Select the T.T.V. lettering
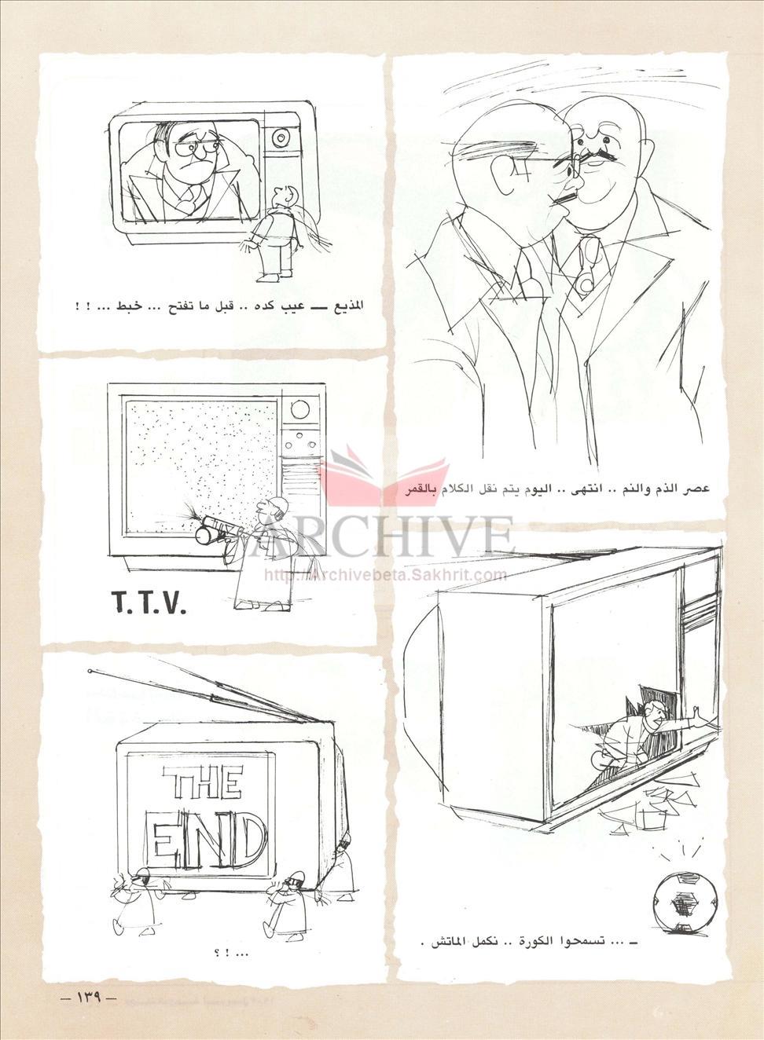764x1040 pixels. pos(149,603)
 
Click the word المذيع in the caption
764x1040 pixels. pos(347,307)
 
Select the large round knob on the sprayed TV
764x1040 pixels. pos(299,409)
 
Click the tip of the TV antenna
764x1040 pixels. pos(90,672)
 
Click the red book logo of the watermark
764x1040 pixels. pos(384,473)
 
